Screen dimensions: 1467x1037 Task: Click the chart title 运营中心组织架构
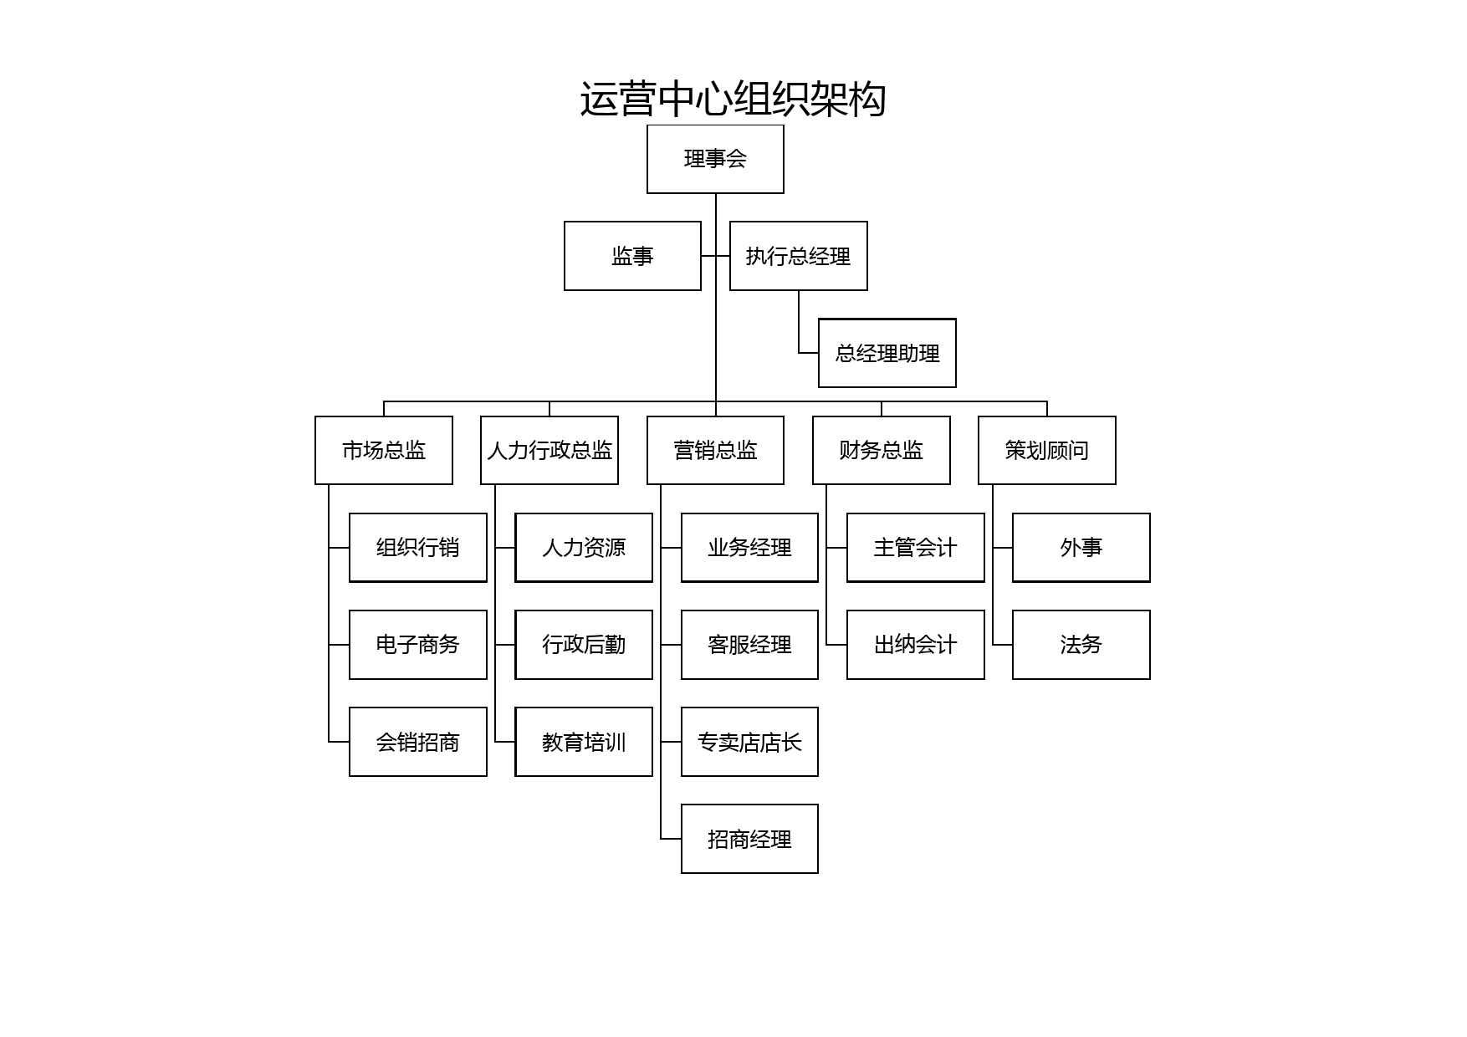[733, 100]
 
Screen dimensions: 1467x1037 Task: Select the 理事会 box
[715, 159]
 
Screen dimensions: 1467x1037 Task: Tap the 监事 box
[632, 256]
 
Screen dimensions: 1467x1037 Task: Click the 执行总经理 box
[799, 256]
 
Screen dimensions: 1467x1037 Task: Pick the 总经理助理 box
[887, 353]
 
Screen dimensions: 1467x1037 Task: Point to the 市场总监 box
[384, 450]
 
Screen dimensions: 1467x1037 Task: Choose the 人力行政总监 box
[549, 450]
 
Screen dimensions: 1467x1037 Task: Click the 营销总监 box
[715, 450]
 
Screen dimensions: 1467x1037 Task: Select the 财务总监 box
[882, 450]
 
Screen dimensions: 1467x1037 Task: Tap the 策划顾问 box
[1047, 450]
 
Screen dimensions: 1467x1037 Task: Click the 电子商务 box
[418, 645]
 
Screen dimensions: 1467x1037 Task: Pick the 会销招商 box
[418, 742]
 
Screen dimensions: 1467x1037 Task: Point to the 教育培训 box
[584, 742]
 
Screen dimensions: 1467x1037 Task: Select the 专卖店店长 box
[749, 742]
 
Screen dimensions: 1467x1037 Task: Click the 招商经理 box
[749, 839]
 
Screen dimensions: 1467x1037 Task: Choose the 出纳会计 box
[916, 645]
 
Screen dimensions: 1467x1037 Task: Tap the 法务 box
[1081, 645]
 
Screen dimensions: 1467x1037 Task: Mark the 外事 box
[1081, 548]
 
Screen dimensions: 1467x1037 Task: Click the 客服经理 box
[749, 645]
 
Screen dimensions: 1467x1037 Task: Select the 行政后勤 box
[584, 645]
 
